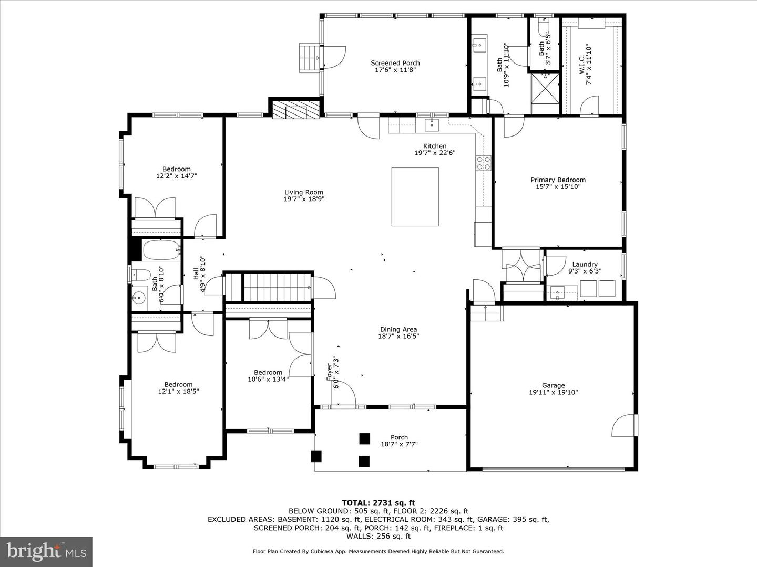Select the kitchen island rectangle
415,197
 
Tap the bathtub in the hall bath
162,250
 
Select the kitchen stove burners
484,163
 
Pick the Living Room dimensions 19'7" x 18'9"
304,199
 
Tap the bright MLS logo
46,552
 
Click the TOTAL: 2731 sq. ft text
378,503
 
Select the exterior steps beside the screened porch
310,58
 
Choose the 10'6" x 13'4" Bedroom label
268,376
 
